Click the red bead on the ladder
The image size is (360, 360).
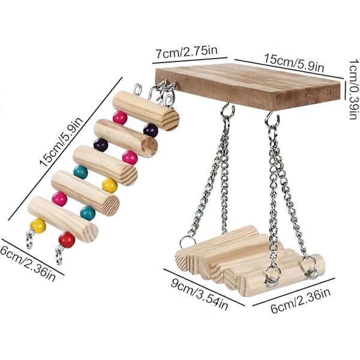click(x=66, y=240)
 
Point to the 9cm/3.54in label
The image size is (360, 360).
click(x=206, y=296)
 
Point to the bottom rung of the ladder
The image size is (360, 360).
click(x=63, y=218)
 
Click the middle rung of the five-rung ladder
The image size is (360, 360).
click(x=105, y=164)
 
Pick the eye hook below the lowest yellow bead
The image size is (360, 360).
click(x=30, y=241)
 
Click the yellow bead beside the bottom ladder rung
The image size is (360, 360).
click(x=38, y=226)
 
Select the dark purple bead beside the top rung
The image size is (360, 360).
click(x=151, y=130)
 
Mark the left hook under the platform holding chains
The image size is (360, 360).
click(x=227, y=112)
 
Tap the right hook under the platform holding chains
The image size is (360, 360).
click(x=272, y=119)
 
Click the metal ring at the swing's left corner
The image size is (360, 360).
click(x=188, y=242)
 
